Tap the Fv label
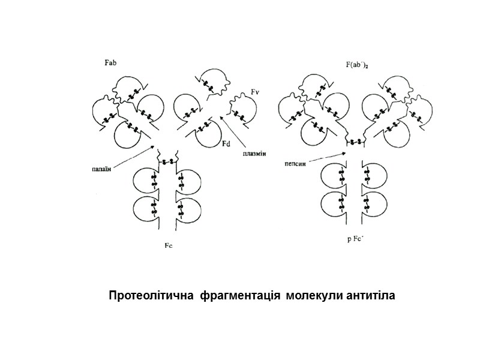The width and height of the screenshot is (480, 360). pos(254,92)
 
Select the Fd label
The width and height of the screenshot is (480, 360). pos(226,144)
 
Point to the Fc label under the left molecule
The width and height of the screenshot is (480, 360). pos(169,245)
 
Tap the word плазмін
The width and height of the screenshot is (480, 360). pos(254,154)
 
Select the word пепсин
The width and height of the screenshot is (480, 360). pos(295,162)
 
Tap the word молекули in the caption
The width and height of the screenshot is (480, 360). pos(312,296)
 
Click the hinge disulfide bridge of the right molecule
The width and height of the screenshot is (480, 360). pos(355,142)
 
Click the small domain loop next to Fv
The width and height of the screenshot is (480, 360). pos(241,112)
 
